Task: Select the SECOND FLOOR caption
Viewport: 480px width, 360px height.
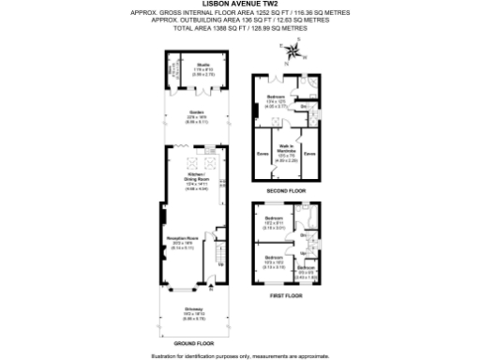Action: pyautogui.click(x=286, y=190)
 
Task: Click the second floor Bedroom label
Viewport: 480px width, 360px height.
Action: pyautogui.click(x=275, y=99)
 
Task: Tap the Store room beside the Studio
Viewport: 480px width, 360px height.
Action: pyautogui.click(x=172, y=70)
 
